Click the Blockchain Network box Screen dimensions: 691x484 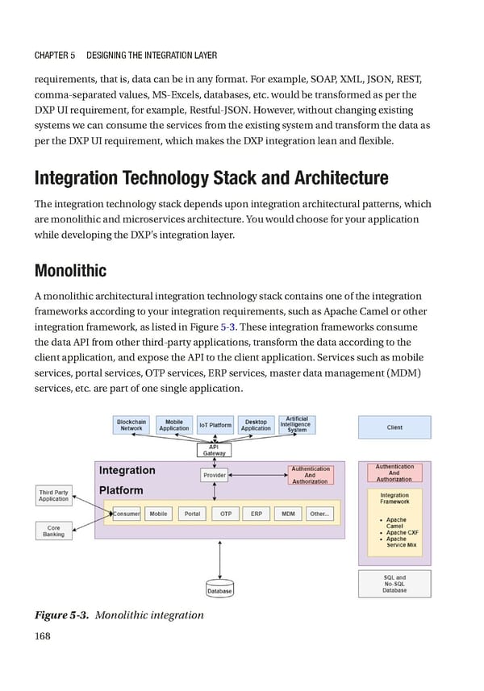pyautogui.click(x=131, y=425)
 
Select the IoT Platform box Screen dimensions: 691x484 pyautogui.click(x=215, y=425)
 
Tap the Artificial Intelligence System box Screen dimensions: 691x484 pyautogui.click(x=297, y=424)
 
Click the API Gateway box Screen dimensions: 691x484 pyautogui.click(x=215, y=450)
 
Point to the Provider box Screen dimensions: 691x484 pyautogui.click(x=215, y=476)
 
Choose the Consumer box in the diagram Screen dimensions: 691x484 pyautogui.click(x=127, y=514)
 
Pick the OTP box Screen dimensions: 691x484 pyautogui.click(x=226, y=514)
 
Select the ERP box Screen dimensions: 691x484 pyautogui.click(x=257, y=514)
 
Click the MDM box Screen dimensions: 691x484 pyautogui.click(x=288, y=514)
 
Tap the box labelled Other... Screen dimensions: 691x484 pyautogui.click(x=319, y=514)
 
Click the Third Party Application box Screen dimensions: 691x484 pyautogui.click(x=53, y=495)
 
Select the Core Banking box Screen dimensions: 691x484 pyautogui.click(x=53, y=530)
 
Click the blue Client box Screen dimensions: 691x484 pyautogui.click(x=394, y=427)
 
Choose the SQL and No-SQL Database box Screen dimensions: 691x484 pyautogui.click(x=394, y=584)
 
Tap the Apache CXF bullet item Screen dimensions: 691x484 pyautogui.click(x=396, y=532)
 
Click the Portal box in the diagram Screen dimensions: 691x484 pyautogui.click(x=192, y=514)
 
